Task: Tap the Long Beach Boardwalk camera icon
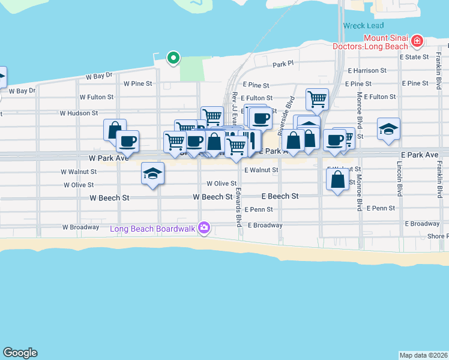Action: tap(205, 227)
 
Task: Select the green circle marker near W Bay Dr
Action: tap(173, 58)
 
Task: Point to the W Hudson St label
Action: tap(79, 113)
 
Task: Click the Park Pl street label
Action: tap(282, 64)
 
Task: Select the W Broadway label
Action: tap(80, 227)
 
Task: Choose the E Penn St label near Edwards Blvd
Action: tap(258, 209)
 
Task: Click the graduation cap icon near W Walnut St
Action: tap(152, 173)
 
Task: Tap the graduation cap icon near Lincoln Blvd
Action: tap(388, 128)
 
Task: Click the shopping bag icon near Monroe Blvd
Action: tap(337, 178)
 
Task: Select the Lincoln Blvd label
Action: tap(399, 178)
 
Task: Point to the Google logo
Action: tap(20, 353)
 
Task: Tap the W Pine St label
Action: tap(137, 84)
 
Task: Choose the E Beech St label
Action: tap(280, 196)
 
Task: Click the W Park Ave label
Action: tap(109, 158)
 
